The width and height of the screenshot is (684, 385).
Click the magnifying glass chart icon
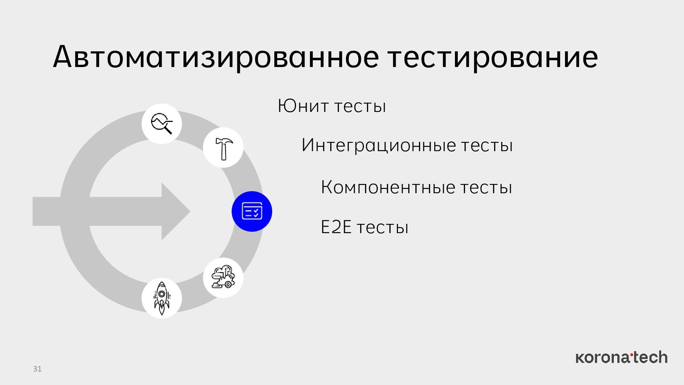click(x=162, y=124)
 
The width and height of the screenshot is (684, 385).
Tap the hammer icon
click(x=223, y=148)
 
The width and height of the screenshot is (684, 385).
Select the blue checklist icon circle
click(x=252, y=211)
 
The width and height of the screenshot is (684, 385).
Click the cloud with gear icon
click(x=223, y=278)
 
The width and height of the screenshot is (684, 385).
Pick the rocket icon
click(x=162, y=298)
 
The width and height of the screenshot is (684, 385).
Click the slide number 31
click(x=37, y=369)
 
